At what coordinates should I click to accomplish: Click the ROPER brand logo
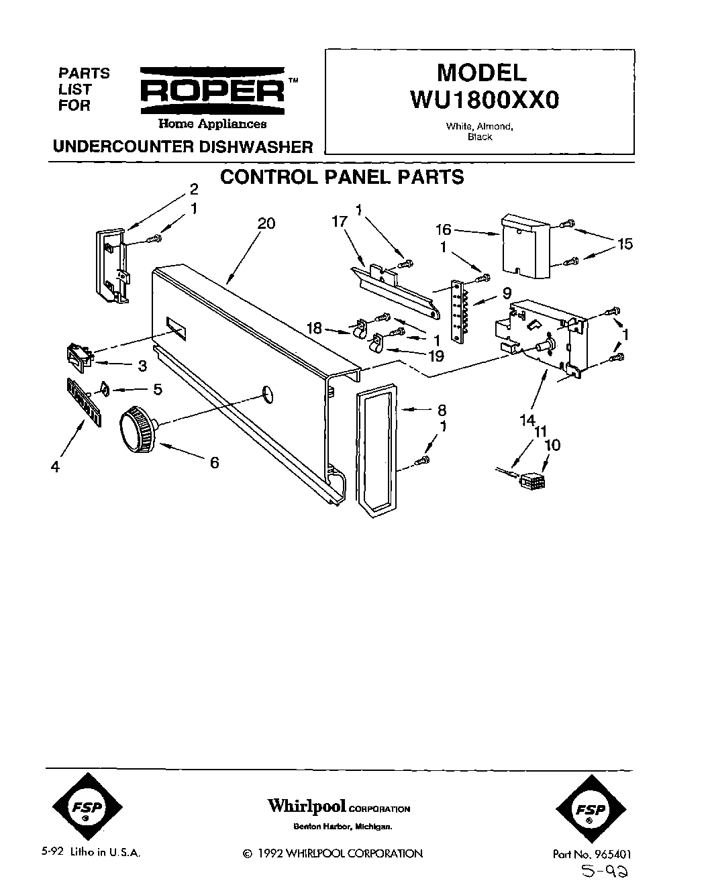click(212, 91)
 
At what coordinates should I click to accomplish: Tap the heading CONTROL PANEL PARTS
click(342, 177)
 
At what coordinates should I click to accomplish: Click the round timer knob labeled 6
click(138, 429)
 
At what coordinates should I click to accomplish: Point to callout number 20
click(266, 223)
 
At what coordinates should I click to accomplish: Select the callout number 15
click(625, 244)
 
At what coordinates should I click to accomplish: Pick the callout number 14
click(527, 420)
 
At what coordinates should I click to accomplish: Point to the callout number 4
click(56, 466)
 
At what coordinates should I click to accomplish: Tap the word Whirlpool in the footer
click(307, 806)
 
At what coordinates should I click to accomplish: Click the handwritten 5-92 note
click(607, 873)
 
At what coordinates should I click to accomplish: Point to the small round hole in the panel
click(266, 394)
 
